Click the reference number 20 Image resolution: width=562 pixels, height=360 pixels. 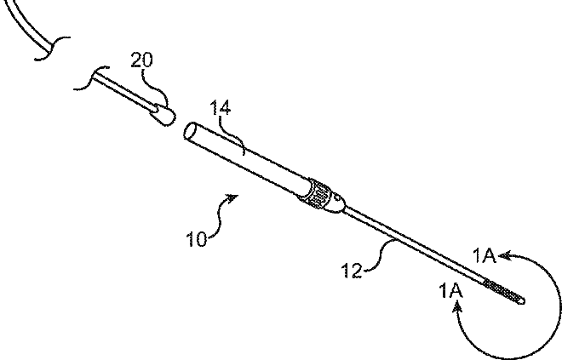coord(141,61)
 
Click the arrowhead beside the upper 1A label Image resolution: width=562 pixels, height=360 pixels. coord(506,253)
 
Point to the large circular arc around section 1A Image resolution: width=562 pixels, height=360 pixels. coord(558,306)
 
